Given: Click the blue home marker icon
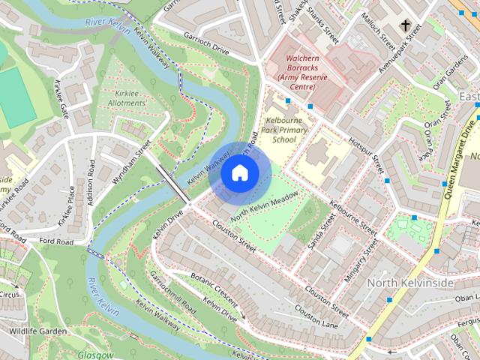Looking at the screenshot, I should click(x=239, y=173).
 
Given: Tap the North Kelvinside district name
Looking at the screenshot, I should click(x=410, y=283).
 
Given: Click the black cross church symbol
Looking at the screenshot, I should click(x=406, y=26).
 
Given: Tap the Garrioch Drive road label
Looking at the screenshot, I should click(x=203, y=42).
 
